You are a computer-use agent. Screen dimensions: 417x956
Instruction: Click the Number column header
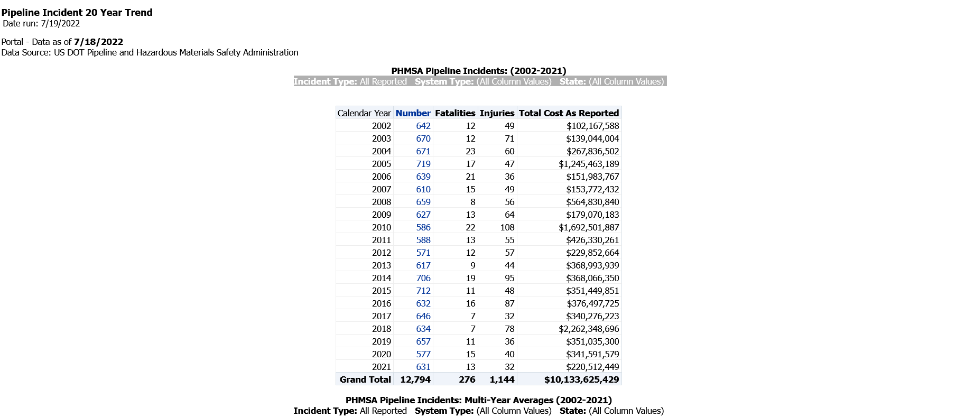tap(413, 113)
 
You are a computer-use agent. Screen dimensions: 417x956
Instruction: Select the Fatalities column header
tap(455, 113)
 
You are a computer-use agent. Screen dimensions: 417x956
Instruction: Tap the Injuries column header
tap(497, 113)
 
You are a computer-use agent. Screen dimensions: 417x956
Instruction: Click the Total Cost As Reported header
tap(569, 113)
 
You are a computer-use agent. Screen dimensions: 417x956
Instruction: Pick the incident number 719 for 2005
tap(423, 164)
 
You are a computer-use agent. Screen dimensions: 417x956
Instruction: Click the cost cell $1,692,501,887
tap(589, 227)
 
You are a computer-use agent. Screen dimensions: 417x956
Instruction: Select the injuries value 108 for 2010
tap(507, 227)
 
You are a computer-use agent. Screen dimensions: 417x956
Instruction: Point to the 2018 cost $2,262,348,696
tap(589, 329)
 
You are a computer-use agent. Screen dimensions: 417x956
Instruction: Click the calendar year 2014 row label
tap(381, 278)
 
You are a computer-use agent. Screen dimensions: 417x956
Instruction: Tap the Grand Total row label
tap(365, 379)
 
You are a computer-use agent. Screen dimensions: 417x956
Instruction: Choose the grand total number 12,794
tap(415, 379)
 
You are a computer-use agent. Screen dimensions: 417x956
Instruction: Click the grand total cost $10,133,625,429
tap(581, 379)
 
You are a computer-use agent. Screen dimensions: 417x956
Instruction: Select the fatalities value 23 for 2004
tap(470, 151)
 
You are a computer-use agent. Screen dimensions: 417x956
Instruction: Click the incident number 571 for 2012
tap(423, 253)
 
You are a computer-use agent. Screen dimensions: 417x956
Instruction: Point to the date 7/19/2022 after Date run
tap(60, 23)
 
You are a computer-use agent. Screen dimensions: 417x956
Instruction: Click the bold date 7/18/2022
tap(98, 42)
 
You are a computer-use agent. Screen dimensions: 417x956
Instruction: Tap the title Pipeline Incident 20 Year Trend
tap(77, 12)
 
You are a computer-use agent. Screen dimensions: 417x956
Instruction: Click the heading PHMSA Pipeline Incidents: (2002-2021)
tap(478, 71)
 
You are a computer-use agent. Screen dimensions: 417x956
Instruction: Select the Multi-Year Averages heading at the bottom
tap(478, 400)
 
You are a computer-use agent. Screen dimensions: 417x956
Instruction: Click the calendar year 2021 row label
tap(381, 367)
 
